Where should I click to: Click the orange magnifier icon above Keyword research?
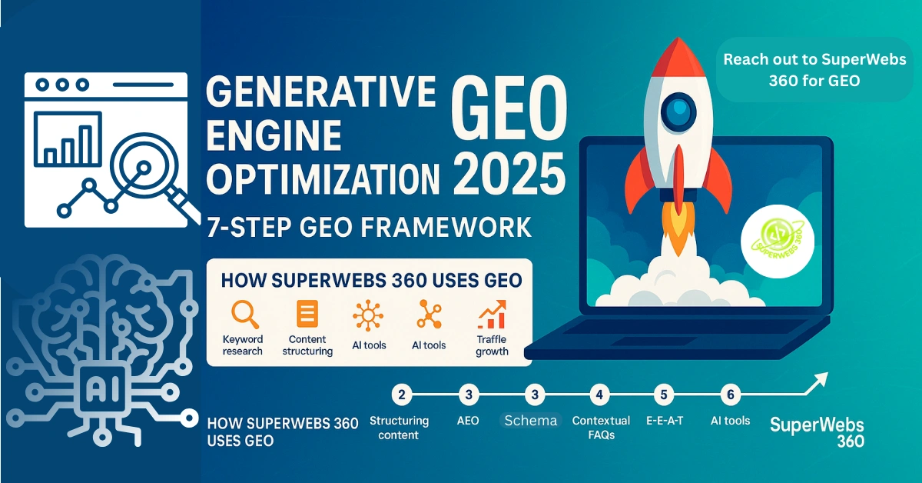(x=244, y=315)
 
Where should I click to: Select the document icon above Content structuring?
(x=307, y=314)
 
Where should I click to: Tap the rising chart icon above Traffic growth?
(x=492, y=315)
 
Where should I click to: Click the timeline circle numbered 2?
(x=401, y=395)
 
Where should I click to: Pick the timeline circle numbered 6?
(x=730, y=395)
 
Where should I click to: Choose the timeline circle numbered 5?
(x=664, y=395)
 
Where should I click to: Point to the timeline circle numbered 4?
(x=599, y=395)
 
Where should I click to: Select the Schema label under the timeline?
(x=531, y=421)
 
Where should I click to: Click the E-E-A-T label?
(x=665, y=421)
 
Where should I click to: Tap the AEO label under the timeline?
(x=468, y=421)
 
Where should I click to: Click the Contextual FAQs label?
(x=601, y=428)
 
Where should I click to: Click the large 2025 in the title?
(x=509, y=173)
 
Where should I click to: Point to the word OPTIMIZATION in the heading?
(x=323, y=179)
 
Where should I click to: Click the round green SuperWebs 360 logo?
(x=777, y=241)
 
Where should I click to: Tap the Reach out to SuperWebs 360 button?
(x=814, y=70)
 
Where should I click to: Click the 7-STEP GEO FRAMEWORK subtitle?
(x=369, y=227)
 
